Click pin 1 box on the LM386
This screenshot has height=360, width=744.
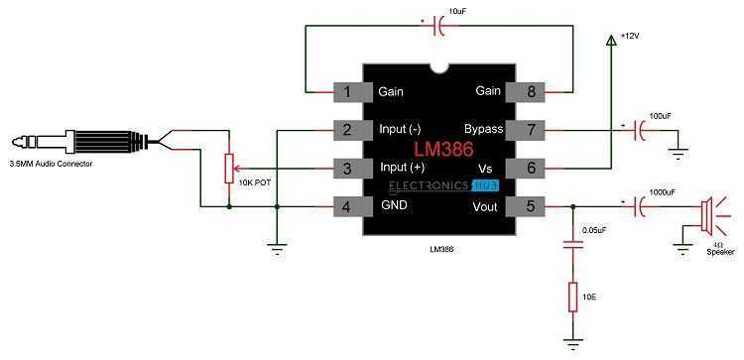347,92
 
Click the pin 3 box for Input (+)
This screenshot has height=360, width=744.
347,169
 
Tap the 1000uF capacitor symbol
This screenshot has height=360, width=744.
640,206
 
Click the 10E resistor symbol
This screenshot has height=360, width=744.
572,297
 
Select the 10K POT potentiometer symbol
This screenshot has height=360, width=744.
229,169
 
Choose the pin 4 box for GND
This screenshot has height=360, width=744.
347,206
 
